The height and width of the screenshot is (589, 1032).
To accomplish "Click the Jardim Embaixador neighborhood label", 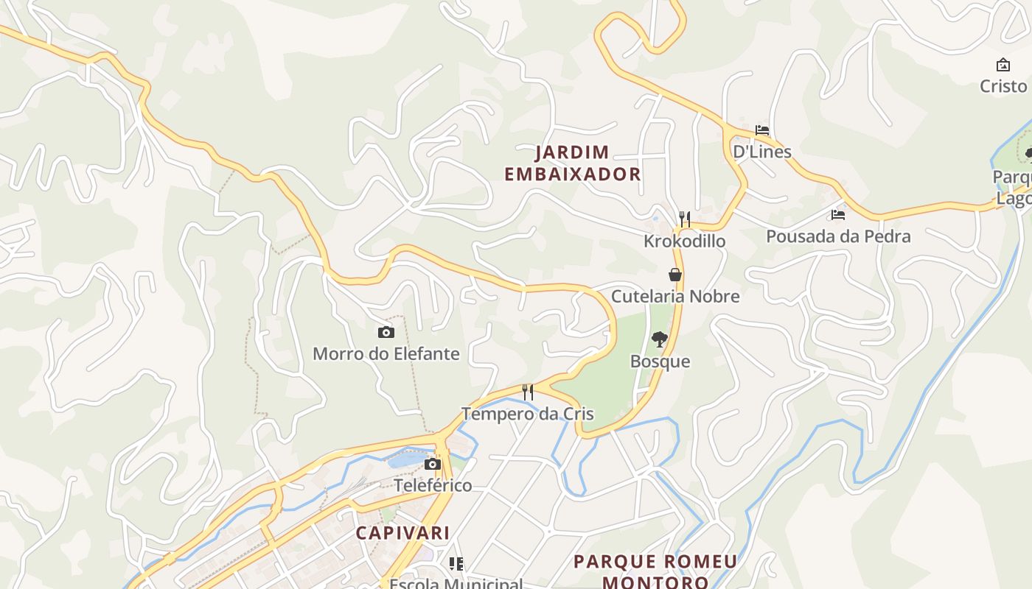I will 573,163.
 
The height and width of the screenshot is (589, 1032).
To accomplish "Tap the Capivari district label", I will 402,532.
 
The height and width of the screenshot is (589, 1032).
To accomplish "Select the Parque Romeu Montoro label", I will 655,571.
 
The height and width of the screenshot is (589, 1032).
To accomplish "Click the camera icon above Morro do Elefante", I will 386,333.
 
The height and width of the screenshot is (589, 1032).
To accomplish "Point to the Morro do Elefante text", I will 386,354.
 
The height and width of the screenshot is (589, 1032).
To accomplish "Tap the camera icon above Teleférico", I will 433,465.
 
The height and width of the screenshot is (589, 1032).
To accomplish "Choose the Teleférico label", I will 433,486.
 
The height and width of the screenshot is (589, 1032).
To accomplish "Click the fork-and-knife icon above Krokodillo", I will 685,219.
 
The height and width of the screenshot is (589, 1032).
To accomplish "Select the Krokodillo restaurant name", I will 684,241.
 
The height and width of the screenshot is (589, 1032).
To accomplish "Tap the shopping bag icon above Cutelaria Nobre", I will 674,275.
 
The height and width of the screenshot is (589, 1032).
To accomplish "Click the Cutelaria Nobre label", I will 675,297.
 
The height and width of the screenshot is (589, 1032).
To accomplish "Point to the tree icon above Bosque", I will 660,339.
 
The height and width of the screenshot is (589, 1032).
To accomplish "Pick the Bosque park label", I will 660,361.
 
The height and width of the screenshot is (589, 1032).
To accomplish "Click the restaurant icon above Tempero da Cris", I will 528,392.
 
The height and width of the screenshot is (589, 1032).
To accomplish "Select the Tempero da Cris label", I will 528,414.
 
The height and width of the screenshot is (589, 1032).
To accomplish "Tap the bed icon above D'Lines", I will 762,130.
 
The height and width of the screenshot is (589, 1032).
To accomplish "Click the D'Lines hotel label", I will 761,152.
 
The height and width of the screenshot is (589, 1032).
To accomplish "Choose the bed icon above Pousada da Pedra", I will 838,215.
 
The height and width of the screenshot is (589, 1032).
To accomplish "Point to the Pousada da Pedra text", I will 838,237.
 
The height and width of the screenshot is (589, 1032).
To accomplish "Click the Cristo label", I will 1003,86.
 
